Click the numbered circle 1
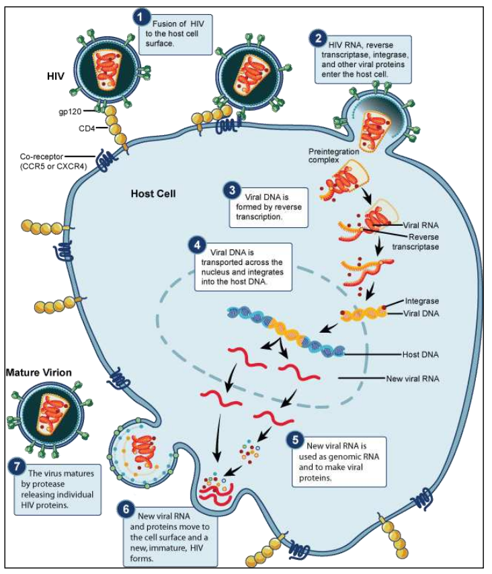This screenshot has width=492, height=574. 140,15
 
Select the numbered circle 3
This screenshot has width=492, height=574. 232,190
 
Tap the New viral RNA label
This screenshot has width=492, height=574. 414,379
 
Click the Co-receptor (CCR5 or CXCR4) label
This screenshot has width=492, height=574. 44,161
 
